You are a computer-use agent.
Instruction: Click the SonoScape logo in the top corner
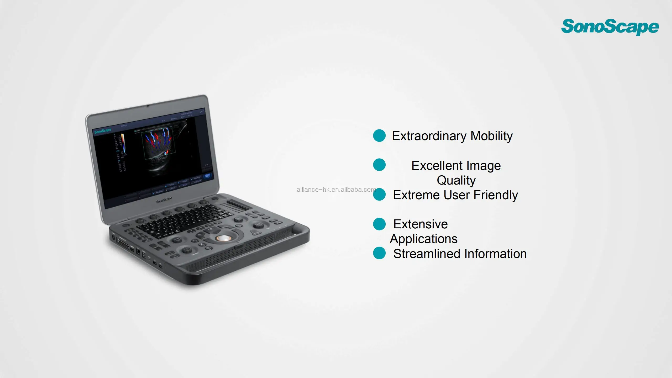click(610, 27)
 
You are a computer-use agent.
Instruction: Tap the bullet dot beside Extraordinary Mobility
click(379, 135)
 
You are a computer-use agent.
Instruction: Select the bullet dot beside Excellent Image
click(379, 165)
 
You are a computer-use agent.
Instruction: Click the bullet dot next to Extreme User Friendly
click(379, 195)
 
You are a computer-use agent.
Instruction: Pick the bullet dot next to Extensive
click(379, 224)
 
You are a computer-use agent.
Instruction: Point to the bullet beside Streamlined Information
click(379, 253)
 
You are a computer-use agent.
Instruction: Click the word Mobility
click(491, 136)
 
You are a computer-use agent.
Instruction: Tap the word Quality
click(456, 180)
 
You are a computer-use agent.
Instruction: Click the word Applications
click(424, 239)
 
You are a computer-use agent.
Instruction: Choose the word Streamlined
click(427, 254)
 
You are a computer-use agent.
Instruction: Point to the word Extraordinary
click(429, 136)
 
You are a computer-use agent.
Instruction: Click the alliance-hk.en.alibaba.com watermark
click(336, 190)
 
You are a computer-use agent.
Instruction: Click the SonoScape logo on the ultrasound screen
click(103, 131)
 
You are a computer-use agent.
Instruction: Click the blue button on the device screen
click(207, 176)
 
